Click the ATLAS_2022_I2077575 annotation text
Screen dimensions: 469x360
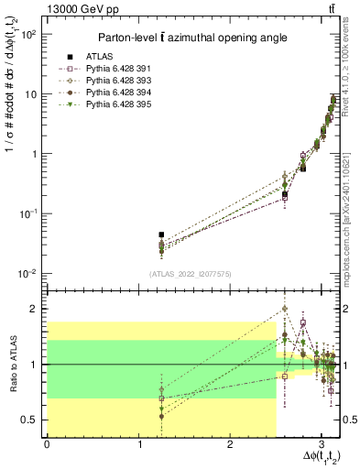pos(189,273)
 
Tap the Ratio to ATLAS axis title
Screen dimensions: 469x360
pos(13,364)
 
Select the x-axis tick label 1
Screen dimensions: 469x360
pos(138,444)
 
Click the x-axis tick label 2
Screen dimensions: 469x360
pos(230,444)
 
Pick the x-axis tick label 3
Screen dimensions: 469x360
pos(322,444)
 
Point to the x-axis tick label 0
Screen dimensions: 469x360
pos(47,444)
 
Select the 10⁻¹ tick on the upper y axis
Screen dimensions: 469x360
pos(30,213)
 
